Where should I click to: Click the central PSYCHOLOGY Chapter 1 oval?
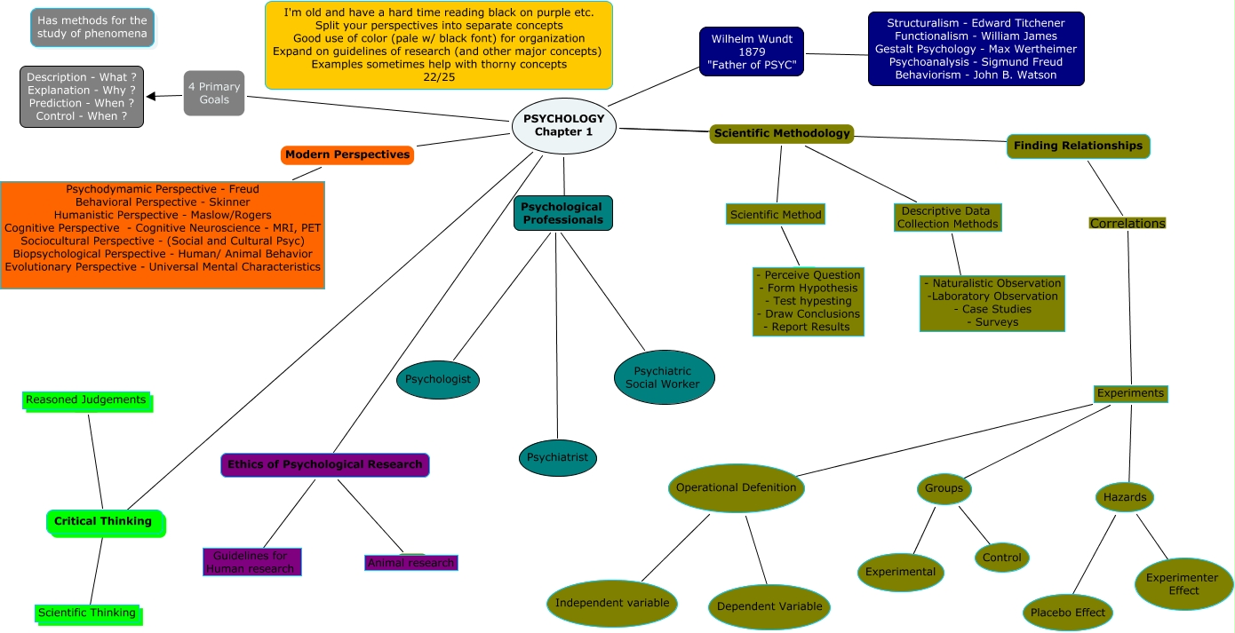tap(564, 125)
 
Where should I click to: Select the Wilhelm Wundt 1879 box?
tap(752, 51)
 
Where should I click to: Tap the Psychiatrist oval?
tap(558, 458)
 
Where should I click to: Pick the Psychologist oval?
tap(438, 379)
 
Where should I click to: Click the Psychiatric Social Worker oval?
tap(664, 377)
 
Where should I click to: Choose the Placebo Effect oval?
tap(1067, 613)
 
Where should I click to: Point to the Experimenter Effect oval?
tap(1183, 584)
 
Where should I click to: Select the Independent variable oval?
tap(612, 603)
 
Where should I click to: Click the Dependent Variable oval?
tap(769, 606)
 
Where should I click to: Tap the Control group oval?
tap(1002, 558)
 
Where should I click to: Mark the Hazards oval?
tap(1125, 497)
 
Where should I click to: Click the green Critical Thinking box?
tap(105, 522)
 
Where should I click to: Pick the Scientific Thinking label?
tap(88, 613)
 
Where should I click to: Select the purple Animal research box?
tap(411, 563)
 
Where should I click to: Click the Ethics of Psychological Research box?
tap(325, 464)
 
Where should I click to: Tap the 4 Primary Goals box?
tap(214, 93)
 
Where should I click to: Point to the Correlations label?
tap(1127, 224)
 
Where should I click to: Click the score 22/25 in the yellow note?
tap(439, 77)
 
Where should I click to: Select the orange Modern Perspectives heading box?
tap(347, 154)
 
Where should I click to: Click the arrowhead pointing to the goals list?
tap(151, 96)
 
